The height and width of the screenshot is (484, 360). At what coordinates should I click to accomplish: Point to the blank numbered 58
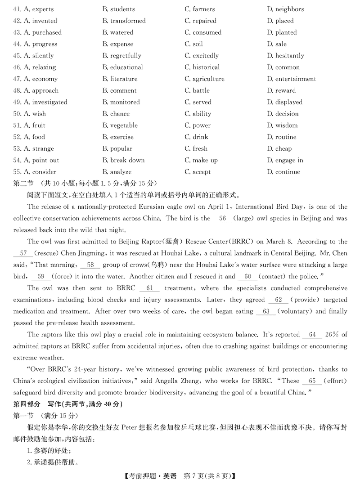[90, 265]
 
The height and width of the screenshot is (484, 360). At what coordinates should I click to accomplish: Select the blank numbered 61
[150, 288]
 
